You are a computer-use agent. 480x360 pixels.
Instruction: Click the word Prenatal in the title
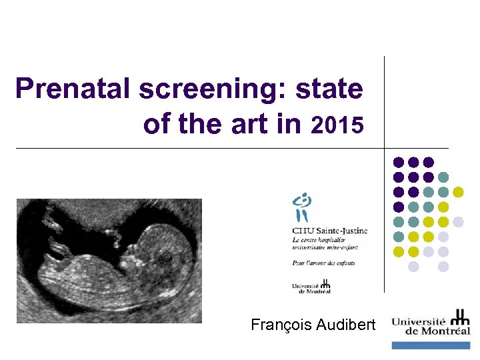coord(74,89)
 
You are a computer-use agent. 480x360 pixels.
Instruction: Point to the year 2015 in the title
coord(337,125)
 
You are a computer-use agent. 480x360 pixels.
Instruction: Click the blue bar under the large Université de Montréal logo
coord(431,345)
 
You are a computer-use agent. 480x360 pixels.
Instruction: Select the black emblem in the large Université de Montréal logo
coord(459,317)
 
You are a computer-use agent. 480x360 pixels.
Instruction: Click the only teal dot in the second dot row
coord(443,177)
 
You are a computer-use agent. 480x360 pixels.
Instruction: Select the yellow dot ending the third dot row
coord(459,192)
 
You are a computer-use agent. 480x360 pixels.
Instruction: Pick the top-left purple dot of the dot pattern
coord(399,162)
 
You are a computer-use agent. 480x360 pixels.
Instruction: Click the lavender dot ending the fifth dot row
coord(459,222)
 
